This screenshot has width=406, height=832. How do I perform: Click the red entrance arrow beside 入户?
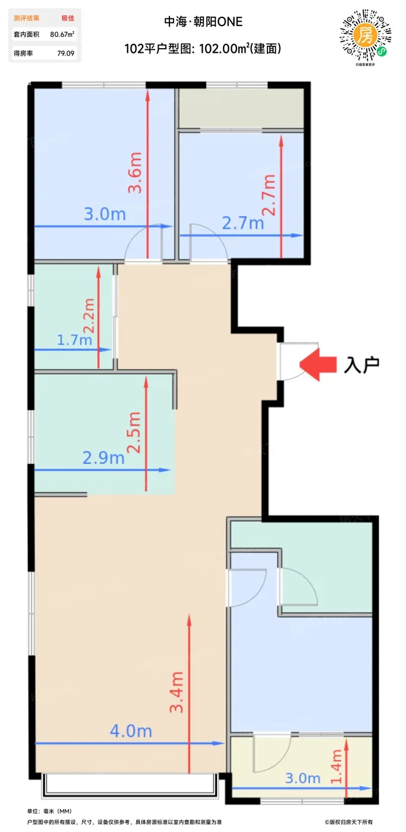pyautogui.click(x=317, y=364)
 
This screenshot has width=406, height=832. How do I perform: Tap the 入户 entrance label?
pyautogui.click(x=361, y=365)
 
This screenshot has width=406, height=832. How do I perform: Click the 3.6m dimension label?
pyautogui.click(x=135, y=173)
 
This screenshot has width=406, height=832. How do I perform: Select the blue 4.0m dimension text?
pyautogui.click(x=131, y=731)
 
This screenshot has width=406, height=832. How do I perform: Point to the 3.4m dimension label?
pyautogui.click(x=177, y=692)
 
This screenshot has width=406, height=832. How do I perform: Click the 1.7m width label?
pyautogui.click(x=74, y=339)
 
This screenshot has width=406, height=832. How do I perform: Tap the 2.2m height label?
pyautogui.click(x=89, y=316)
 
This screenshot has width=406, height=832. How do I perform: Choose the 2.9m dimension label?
pyautogui.click(x=103, y=458)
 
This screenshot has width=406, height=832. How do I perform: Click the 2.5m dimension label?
pyautogui.click(x=134, y=433)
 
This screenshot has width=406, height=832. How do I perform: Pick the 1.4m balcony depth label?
pyautogui.click(x=336, y=766)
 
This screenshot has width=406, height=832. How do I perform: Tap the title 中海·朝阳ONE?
pyautogui.click(x=203, y=21)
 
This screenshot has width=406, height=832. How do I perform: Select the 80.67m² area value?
pyautogui.click(x=62, y=34)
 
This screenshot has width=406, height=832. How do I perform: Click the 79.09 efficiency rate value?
pyautogui.click(x=66, y=53)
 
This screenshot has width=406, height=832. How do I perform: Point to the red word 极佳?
pyautogui.click(x=68, y=18)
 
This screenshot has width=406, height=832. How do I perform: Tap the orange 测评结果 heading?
pyautogui.click(x=26, y=18)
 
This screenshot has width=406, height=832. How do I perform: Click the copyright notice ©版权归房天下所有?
pyautogui.click(x=348, y=822)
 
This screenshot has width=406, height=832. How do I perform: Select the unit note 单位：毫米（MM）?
pyautogui.click(x=49, y=811)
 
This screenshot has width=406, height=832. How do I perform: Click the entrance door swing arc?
pyautogui.click(x=304, y=374)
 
